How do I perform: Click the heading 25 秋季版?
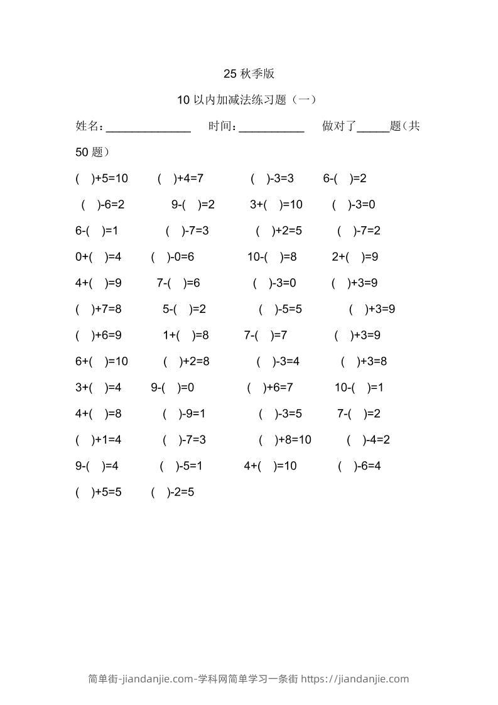[249, 74]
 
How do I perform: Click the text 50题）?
[92, 152]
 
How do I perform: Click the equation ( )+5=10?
[102, 178]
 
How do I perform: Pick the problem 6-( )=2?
[345, 178]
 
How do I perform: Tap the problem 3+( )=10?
[276, 204]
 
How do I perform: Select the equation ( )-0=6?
[173, 257]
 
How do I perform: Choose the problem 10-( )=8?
[272, 257]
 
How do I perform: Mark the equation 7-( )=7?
[266, 336]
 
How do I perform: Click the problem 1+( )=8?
[186, 336]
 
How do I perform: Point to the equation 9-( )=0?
[172, 388]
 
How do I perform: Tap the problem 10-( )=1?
[359, 388]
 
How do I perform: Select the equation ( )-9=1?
[184, 414]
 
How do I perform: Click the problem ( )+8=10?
[285, 440]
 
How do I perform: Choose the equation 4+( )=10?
[271, 466]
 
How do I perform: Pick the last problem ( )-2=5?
[173, 493]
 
